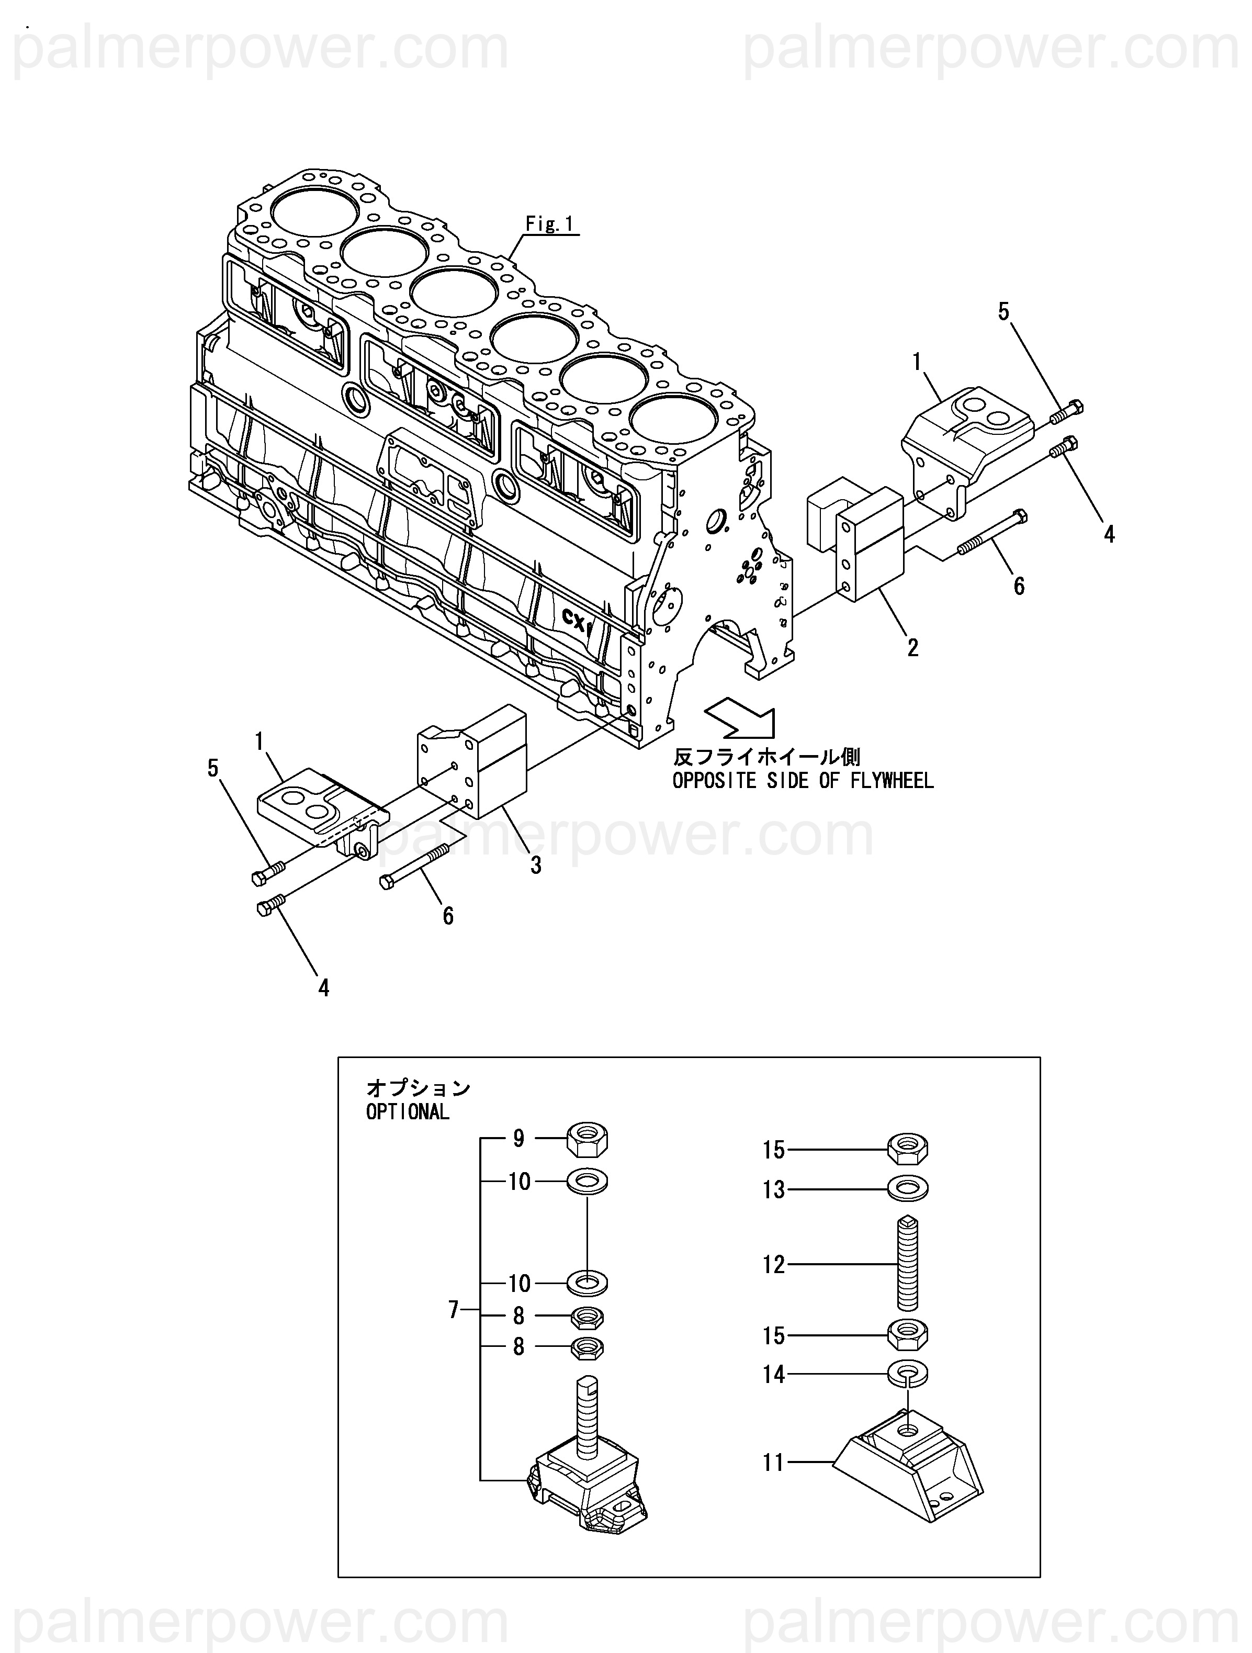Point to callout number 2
point(912,647)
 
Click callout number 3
point(536,865)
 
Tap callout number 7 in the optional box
point(454,1310)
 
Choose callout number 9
point(518,1139)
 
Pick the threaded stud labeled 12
point(907,1264)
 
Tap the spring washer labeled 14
point(908,1372)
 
